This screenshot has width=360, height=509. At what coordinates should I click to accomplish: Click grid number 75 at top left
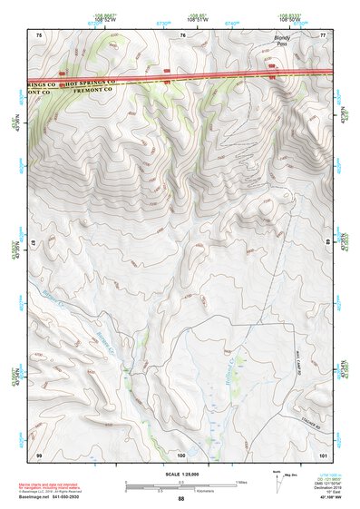[38, 34]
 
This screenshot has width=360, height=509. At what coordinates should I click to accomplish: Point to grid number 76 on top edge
[183, 34]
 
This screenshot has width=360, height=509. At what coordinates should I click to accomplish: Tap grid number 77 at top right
[323, 34]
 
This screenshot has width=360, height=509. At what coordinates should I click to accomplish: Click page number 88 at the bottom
[180, 499]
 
